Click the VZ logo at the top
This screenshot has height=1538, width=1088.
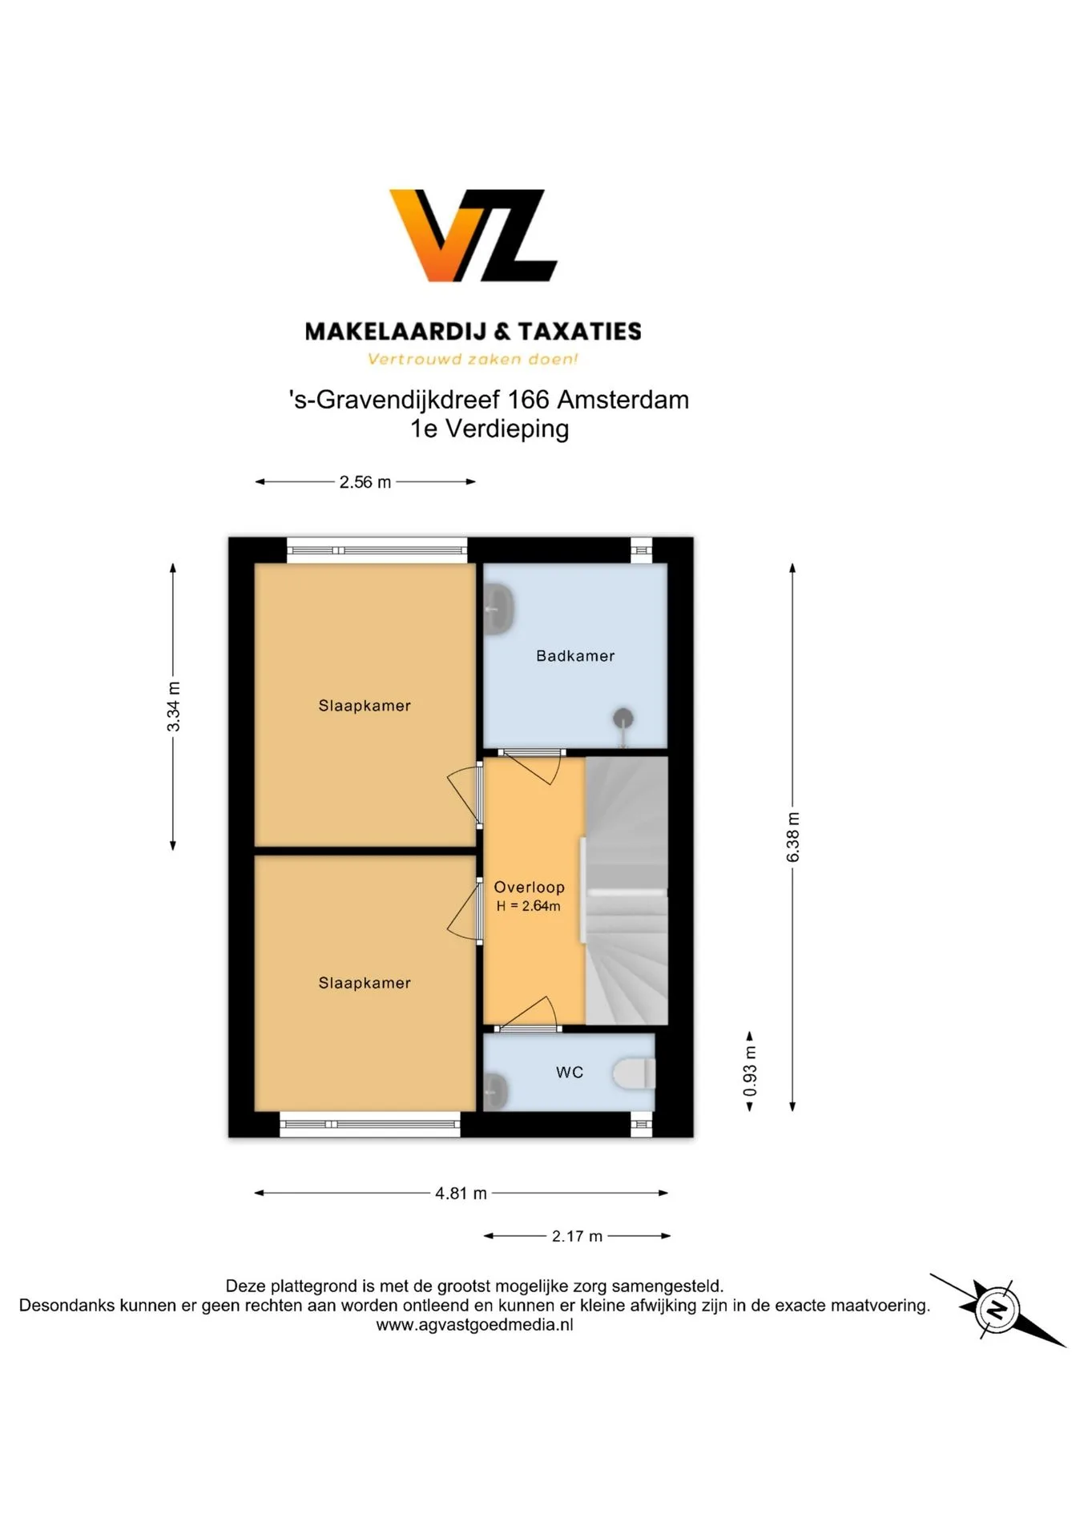click(473, 236)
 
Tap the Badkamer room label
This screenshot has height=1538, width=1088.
click(575, 656)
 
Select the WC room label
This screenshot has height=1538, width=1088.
click(570, 1072)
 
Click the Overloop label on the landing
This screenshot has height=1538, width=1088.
click(530, 887)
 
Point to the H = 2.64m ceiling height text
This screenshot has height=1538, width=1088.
click(529, 906)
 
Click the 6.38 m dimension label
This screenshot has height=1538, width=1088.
click(793, 837)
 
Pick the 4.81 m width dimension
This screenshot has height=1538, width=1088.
click(461, 1193)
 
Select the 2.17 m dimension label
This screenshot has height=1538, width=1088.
click(577, 1236)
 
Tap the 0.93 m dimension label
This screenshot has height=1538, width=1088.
click(750, 1071)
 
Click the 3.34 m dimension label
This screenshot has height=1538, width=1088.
click(173, 707)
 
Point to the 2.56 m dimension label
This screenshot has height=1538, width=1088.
click(365, 482)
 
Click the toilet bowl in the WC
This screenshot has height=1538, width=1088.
click(635, 1073)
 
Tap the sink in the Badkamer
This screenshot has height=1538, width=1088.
click(498, 610)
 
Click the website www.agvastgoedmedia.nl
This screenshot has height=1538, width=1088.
click(474, 1325)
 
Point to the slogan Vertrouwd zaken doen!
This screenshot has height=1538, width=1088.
click(473, 359)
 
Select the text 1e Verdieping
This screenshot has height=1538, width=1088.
click(490, 429)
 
